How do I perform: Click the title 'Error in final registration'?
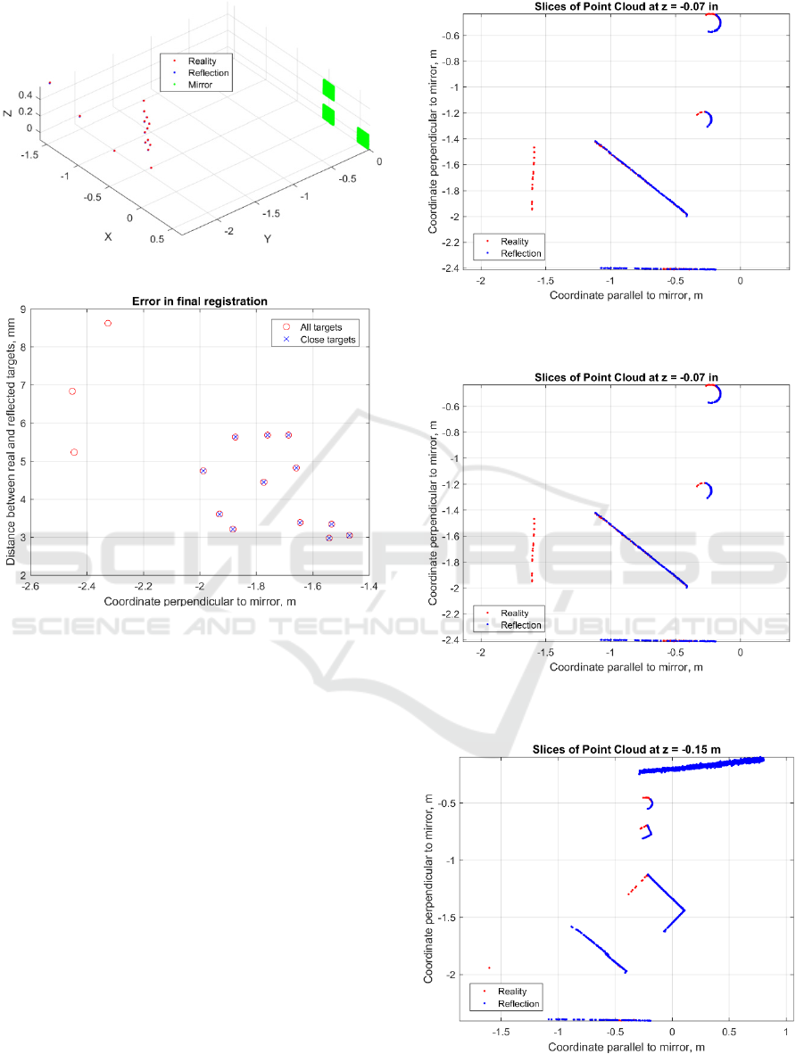[199, 301]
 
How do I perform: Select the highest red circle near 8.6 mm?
[108, 323]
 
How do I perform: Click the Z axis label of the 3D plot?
[7, 113]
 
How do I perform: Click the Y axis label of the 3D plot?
[267, 239]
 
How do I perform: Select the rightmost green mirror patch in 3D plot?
[363, 138]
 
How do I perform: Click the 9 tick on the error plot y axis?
[23, 309]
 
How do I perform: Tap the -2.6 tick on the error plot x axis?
[30, 587]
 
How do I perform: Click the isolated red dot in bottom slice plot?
[489, 968]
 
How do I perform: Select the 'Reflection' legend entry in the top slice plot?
[521, 253]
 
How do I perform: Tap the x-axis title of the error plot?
[199, 602]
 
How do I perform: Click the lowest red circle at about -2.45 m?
[74, 452]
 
